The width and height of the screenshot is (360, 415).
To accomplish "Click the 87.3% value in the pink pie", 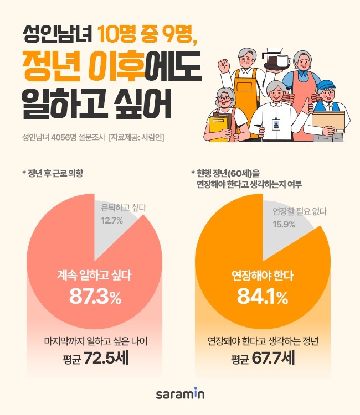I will coord(95,297).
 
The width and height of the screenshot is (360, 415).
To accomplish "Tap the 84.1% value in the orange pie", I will coord(262,297).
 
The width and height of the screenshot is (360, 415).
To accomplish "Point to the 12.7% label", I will coord(112,221).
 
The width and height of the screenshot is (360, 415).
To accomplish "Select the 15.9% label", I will coord(283,224).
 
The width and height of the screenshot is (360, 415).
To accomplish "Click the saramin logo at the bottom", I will coord(180,394).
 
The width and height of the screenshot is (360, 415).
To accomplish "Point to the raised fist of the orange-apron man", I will coord(224,65).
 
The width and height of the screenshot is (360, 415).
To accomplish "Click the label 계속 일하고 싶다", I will coord(95,274).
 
